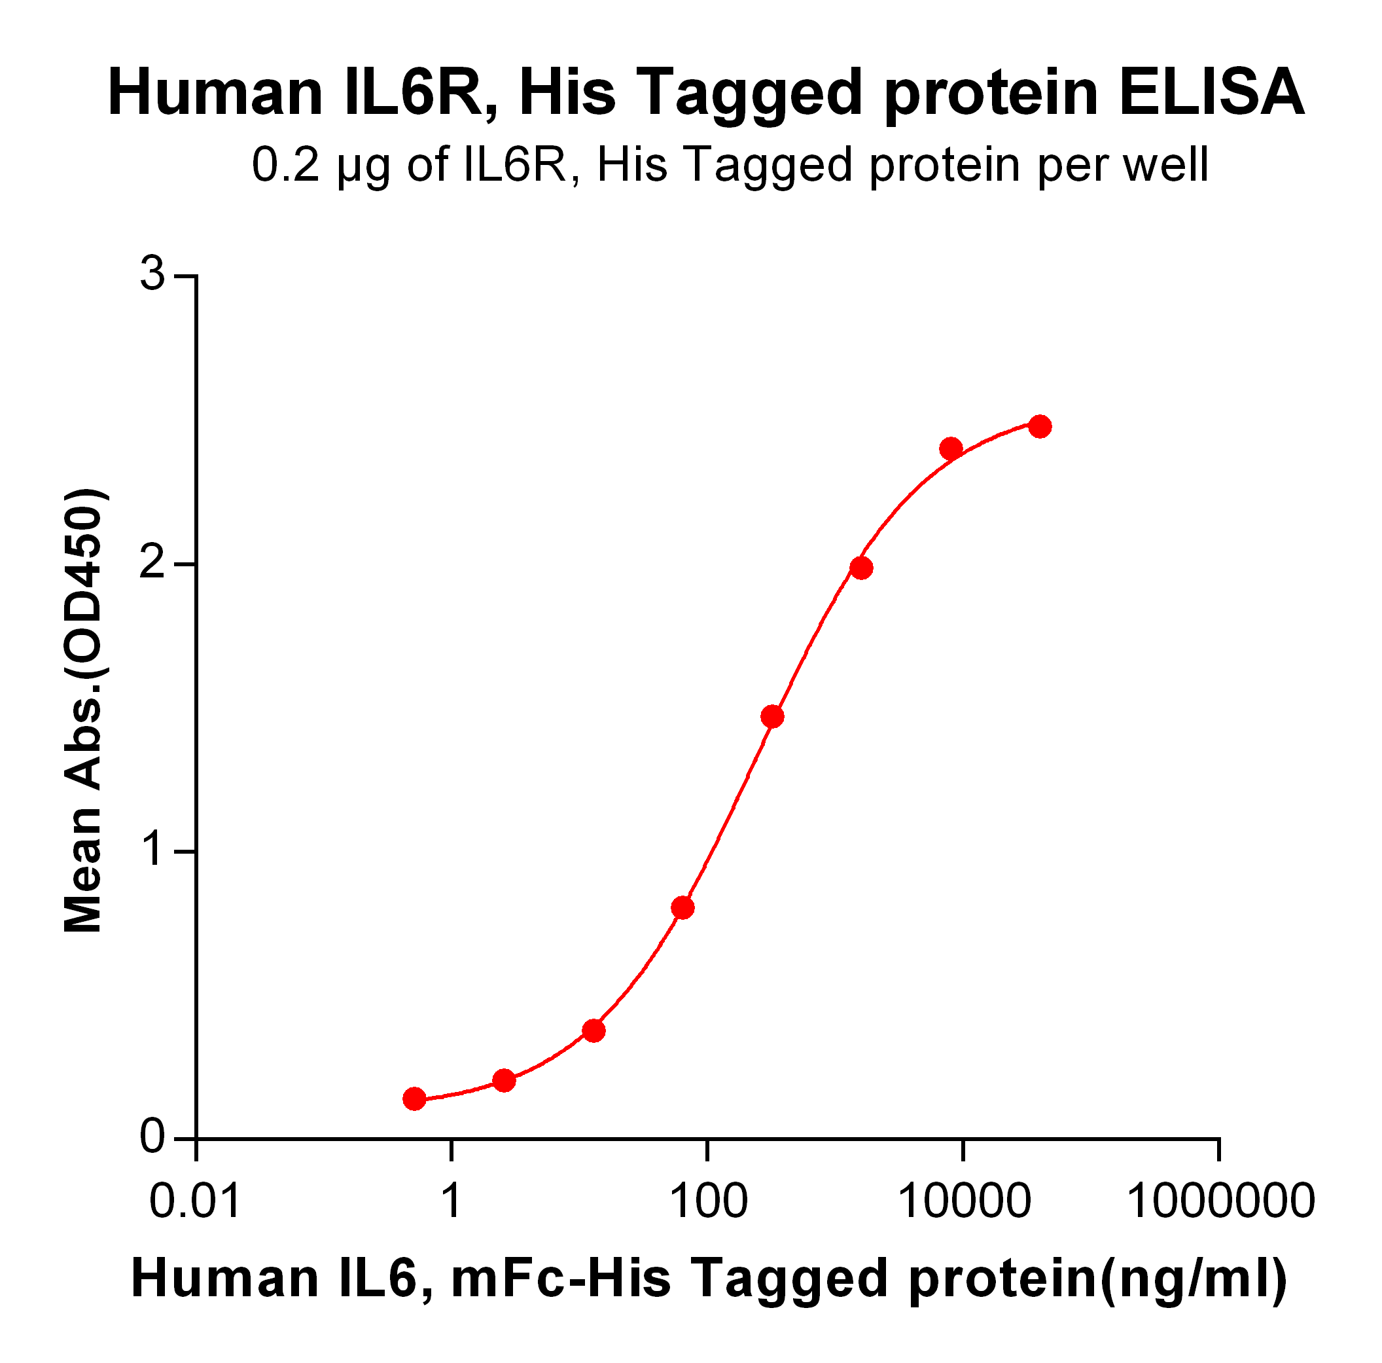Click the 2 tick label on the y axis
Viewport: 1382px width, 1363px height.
pyautogui.click(x=152, y=564)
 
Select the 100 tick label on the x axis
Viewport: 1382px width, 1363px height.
pyautogui.click(x=707, y=1201)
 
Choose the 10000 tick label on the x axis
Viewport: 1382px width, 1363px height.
pyautogui.click(x=963, y=1201)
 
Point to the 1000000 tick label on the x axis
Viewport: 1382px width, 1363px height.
pyautogui.click(x=1220, y=1201)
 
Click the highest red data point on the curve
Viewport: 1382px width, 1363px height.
pyautogui.click(x=1039, y=426)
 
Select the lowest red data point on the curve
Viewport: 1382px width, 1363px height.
pyautogui.click(x=414, y=1099)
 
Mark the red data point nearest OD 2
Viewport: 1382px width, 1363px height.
pyautogui.click(x=861, y=568)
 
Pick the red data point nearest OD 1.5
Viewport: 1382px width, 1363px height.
pyautogui.click(x=773, y=716)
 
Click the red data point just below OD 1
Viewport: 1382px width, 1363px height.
pyautogui.click(x=682, y=908)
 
